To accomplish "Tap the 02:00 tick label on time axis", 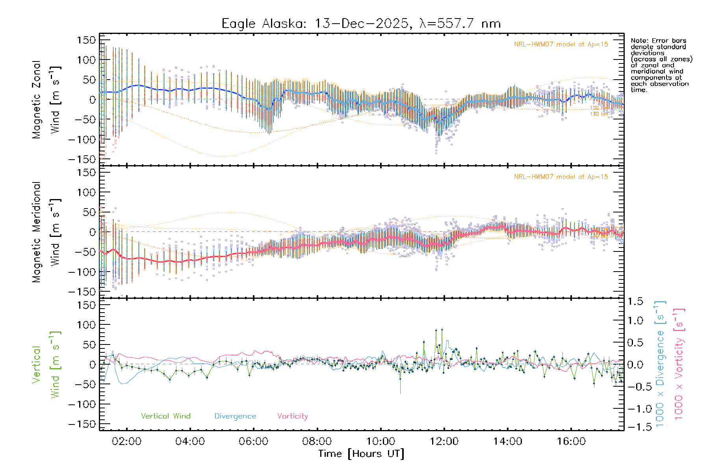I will click(x=126, y=441).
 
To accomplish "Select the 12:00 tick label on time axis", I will click(x=444, y=441).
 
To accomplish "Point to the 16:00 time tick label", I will click(x=571, y=441).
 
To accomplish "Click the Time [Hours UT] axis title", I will click(x=361, y=454).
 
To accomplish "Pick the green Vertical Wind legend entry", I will click(x=165, y=416).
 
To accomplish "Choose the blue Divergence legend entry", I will click(x=235, y=416).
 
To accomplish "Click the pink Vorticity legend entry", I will click(x=292, y=416).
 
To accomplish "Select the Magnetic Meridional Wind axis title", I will click(x=46, y=232).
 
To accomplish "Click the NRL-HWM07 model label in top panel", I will click(x=561, y=45).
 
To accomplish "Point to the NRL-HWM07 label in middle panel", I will click(x=561, y=177).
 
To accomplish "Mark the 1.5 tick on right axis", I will click(x=635, y=302).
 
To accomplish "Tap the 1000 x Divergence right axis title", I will click(x=660, y=363).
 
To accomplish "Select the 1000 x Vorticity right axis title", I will click(x=679, y=363).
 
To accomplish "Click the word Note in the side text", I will click(x=638, y=41).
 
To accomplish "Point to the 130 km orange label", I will click(x=599, y=114).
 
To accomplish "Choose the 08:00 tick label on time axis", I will click(x=317, y=441).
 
